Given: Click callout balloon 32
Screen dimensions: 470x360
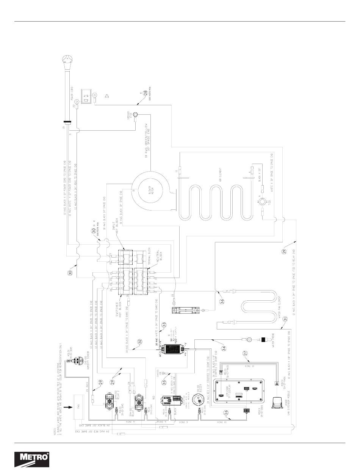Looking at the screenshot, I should (x=140, y=341).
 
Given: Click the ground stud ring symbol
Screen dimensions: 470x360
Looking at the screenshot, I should (x=135, y=115).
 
